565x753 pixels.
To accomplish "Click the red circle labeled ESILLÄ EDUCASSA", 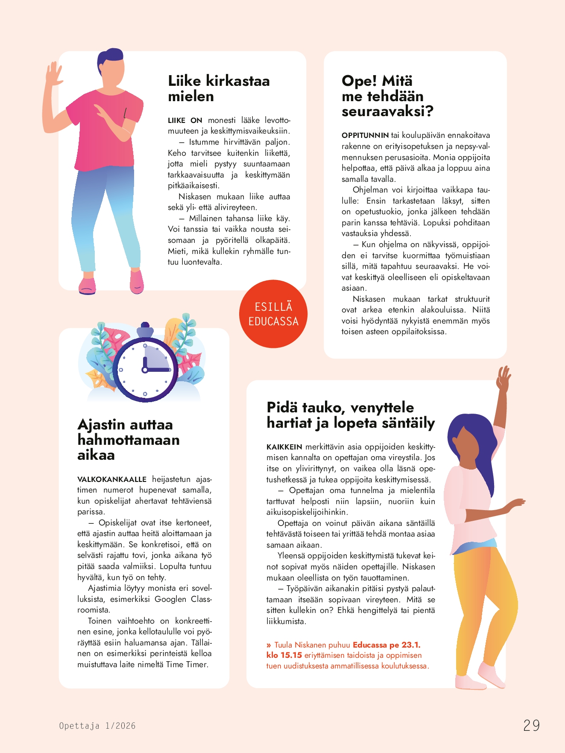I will coord(273,314).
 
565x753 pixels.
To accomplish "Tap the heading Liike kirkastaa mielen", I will coord(218,88).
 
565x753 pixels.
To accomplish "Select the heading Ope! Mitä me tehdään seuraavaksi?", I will coord(387,96).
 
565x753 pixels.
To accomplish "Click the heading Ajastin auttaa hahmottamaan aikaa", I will coord(128,440).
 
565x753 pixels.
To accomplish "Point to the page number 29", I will coord(532,726).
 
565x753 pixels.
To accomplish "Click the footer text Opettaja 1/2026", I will coord(97,726).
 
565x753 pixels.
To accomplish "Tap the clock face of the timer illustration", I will coord(145,370).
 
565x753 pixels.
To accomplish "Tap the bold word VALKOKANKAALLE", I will coord(112,479).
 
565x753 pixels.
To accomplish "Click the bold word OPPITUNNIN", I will coord(365,135).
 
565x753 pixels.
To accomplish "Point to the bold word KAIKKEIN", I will coord(284,447).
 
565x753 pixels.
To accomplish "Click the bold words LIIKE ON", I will coord(185,120).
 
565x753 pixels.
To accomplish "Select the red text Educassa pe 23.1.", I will coord(386,645).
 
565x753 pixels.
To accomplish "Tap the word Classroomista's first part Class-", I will coord(201,599).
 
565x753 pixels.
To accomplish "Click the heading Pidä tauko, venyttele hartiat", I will coord(350,415).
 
